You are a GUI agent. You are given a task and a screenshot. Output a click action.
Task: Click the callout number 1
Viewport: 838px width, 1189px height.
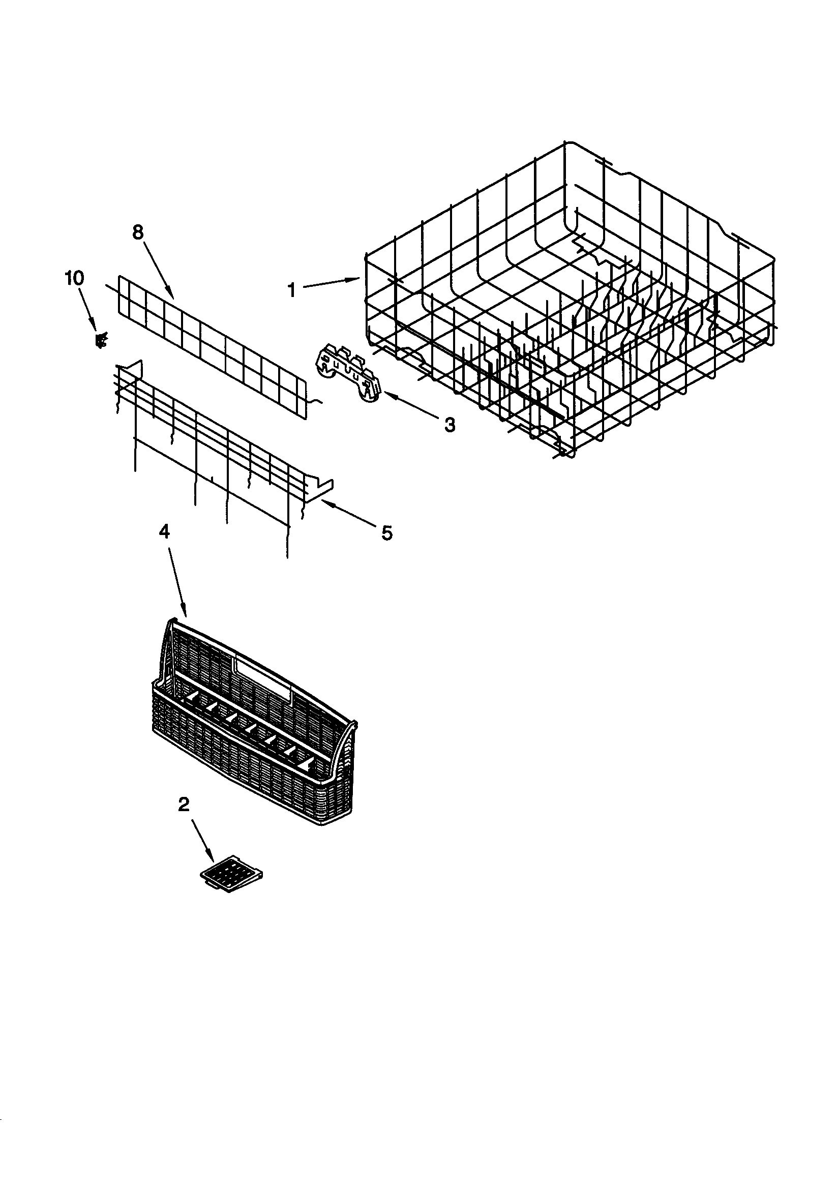[292, 290]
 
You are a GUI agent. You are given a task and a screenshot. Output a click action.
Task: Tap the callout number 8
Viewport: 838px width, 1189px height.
[137, 232]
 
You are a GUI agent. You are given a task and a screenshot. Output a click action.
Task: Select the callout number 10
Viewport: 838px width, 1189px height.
[74, 278]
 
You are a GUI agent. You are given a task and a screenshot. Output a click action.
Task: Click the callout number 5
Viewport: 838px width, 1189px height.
[387, 532]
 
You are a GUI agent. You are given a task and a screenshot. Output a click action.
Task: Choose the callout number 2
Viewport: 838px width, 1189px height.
[184, 804]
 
